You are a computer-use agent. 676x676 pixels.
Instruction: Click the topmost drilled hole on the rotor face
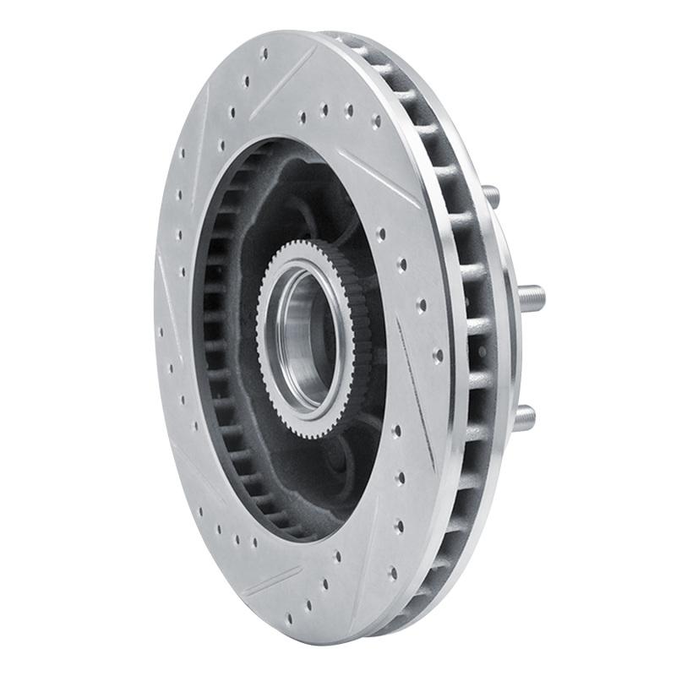click(x=264, y=52)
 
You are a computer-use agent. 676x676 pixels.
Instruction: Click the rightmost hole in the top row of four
click(x=375, y=120)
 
